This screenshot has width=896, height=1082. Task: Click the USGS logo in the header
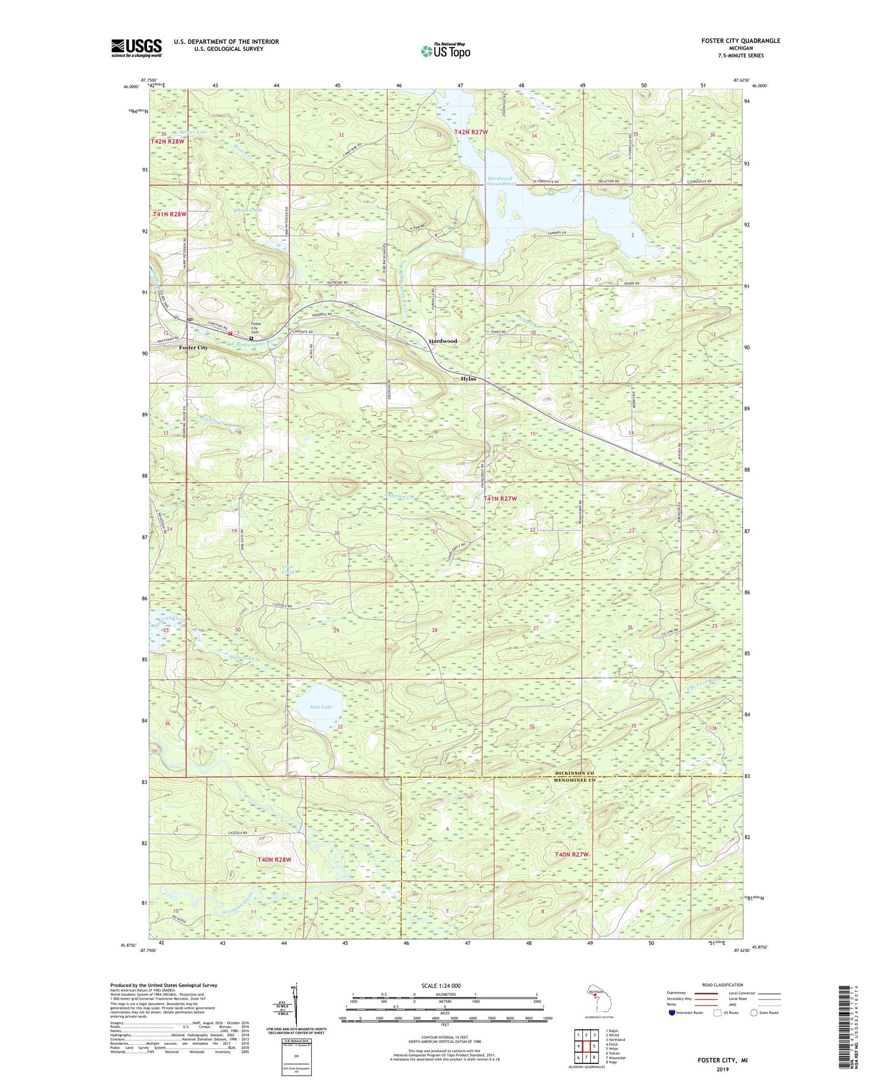point(136,47)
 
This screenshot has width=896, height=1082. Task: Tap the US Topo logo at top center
point(445,51)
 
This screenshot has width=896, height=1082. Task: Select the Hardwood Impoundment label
point(501,181)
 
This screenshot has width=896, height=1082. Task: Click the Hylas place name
point(468,379)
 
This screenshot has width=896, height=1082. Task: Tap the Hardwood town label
point(443,341)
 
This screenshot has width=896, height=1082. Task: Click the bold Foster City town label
point(193,348)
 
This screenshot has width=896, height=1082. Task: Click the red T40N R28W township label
point(273,860)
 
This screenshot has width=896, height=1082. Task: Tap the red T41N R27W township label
point(500,498)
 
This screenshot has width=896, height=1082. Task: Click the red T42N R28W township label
point(167,142)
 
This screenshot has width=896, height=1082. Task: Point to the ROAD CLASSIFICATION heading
point(723,985)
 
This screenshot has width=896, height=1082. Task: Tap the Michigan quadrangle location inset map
point(598,998)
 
